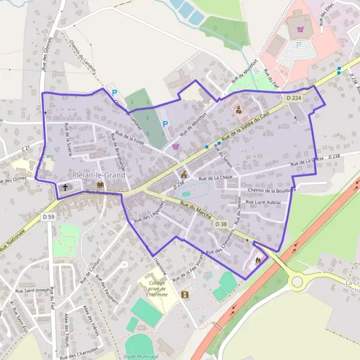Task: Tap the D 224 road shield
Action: pos(293,98)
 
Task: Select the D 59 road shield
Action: pos(49,216)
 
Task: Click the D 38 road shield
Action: pos(221,224)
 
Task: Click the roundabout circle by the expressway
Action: pos(296,281)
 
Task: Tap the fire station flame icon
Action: pos(258,261)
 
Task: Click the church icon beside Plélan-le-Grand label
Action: pos(65,187)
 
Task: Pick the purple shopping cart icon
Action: pos(175,146)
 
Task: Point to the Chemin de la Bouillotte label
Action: pos(272,190)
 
